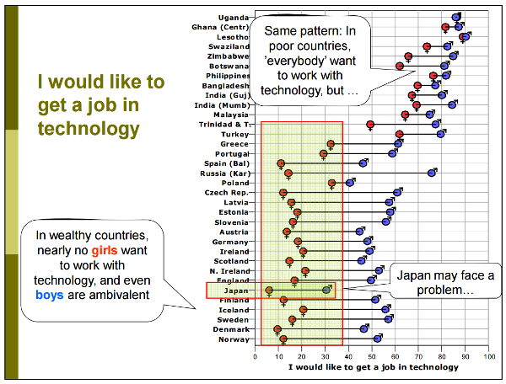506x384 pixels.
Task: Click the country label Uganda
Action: pos(234,17)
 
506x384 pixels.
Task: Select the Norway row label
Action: pos(234,339)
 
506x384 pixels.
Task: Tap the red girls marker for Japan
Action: pos(269,291)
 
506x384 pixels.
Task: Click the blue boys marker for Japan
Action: pos(326,291)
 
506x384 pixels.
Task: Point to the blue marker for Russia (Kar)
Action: pos(432,173)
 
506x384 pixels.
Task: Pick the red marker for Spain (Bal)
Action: pos(281,163)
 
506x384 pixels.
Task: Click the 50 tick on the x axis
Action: pos(372,356)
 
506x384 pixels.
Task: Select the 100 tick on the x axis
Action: pos(488,356)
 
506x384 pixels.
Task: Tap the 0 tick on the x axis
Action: pos(256,356)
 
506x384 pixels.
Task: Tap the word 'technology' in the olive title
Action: pos(89,129)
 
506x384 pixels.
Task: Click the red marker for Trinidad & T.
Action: pos(370,125)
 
